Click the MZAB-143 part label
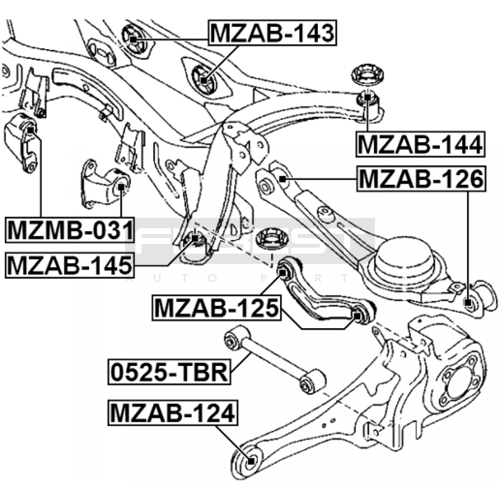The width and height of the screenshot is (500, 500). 272,33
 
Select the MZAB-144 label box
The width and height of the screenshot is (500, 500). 420,144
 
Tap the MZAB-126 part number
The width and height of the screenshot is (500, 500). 421,178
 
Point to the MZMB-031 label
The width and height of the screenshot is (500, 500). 70,230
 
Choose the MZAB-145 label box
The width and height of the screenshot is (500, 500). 70,265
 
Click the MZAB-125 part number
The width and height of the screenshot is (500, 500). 216,308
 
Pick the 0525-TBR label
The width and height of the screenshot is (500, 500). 169,372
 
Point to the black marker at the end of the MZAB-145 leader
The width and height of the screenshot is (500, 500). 195,238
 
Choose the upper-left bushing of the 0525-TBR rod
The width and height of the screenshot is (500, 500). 233,339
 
